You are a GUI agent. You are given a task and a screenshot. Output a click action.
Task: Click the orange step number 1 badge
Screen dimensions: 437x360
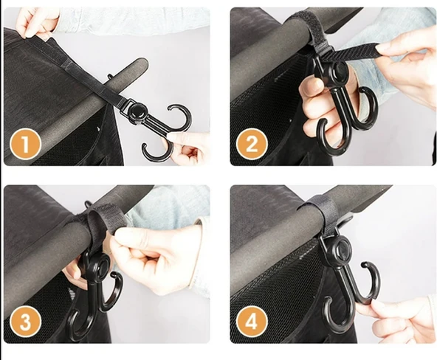(25, 145)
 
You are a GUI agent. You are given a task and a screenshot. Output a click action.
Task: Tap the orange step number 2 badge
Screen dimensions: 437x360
(252, 145)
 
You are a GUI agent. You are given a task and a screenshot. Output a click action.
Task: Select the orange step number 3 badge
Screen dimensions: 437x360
(25, 322)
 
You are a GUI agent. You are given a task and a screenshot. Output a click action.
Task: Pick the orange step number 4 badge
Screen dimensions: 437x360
(252, 322)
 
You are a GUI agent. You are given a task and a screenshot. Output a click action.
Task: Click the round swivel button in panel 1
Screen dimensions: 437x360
(135, 109)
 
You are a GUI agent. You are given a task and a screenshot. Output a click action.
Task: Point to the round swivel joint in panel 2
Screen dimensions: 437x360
(339, 69)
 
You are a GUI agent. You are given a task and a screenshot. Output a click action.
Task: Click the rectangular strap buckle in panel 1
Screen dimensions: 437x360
(125, 107)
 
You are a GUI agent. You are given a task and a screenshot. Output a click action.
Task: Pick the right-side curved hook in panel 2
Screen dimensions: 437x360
(368, 105)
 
